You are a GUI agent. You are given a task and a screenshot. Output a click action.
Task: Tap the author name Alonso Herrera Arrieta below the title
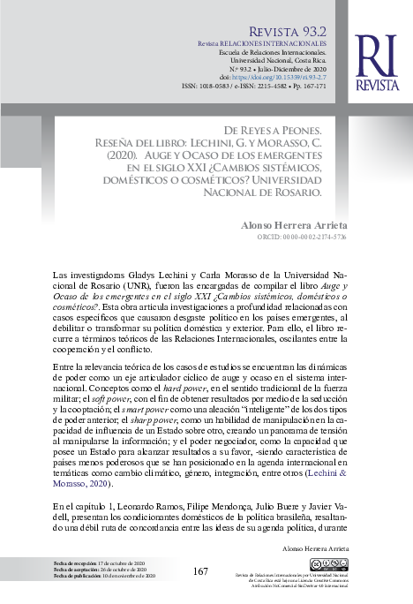point(294,226)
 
